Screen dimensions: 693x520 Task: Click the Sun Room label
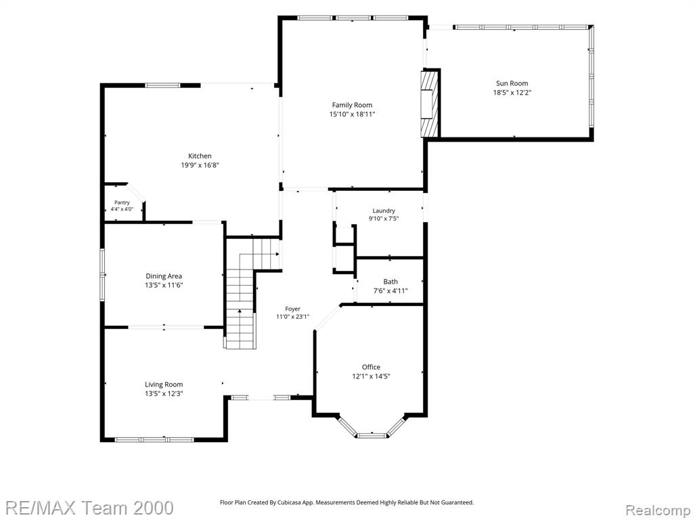click(512, 83)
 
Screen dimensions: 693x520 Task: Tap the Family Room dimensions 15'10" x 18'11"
click(352, 114)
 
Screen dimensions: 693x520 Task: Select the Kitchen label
click(200, 156)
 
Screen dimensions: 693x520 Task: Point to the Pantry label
click(122, 202)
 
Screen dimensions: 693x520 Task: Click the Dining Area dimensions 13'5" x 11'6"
click(164, 285)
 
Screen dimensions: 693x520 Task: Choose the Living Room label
click(164, 385)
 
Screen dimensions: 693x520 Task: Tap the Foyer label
click(292, 309)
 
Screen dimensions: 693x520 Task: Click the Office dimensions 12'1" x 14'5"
click(372, 376)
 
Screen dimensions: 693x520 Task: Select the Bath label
click(390, 282)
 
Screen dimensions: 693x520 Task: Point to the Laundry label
click(384, 211)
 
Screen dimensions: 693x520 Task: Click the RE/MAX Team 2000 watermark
click(89, 508)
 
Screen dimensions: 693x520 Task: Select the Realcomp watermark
click(656, 511)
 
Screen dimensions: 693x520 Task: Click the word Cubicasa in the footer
click(290, 502)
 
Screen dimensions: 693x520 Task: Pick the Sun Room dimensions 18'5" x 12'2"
click(512, 92)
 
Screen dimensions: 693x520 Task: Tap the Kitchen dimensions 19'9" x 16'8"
click(200, 165)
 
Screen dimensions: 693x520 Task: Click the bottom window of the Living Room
click(154, 439)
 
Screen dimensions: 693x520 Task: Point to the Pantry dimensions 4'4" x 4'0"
click(122, 209)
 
